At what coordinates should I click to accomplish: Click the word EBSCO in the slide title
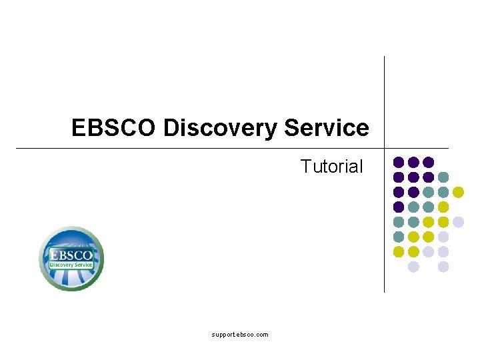pos(114,128)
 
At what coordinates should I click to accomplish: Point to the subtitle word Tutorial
pos(331,167)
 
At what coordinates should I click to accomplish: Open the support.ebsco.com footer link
pos(240,335)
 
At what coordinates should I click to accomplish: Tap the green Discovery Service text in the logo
pos(71,265)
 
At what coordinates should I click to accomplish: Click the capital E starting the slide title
pos(79,128)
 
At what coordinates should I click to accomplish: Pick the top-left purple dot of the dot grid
pos(399,162)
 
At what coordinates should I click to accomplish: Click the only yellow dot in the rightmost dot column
pos(458,192)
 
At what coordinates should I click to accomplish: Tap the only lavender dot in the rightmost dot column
pos(458,222)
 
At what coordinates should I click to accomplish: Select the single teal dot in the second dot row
pos(443,177)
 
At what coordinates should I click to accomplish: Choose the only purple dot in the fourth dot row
pos(399,207)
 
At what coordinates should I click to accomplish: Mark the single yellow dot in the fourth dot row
pos(443,207)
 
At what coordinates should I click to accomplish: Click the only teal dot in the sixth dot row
pos(399,237)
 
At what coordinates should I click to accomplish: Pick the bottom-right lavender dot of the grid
pos(443,267)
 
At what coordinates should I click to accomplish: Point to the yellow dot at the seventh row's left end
pos(399,251)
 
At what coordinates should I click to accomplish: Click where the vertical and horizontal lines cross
pos(384,148)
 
